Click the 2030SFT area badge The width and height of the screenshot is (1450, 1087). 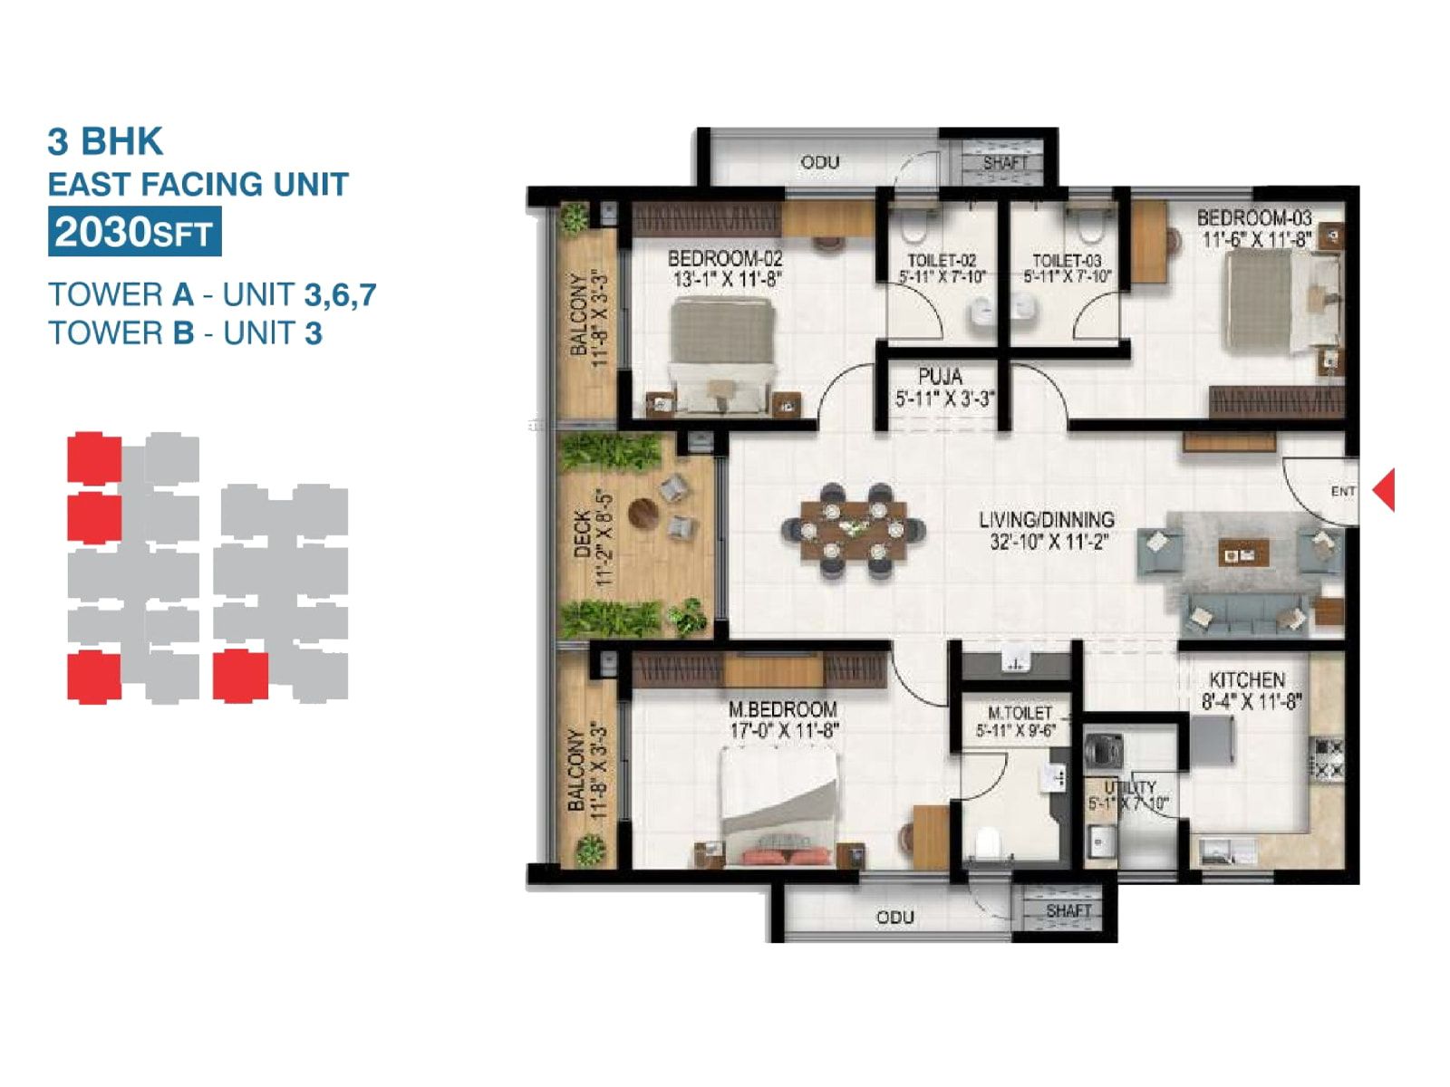click(x=134, y=233)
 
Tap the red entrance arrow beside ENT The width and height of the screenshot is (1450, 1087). click(x=1385, y=490)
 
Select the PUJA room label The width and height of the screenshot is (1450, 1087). click(x=940, y=376)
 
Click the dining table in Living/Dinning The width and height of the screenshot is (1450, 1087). click(x=854, y=530)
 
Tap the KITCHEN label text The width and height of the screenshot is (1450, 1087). click(x=1246, y=679)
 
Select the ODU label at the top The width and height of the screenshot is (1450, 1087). click(x=819, y=162)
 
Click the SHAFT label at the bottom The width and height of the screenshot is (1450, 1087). click(x=1068, y=910)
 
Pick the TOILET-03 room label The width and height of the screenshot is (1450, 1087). click(x=1067, y=260)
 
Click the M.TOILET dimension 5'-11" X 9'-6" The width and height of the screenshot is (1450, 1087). click(x=1016, y=731)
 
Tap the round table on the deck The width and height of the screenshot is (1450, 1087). click(x=644, y=513)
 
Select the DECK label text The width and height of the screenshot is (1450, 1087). click(x=582, y=534)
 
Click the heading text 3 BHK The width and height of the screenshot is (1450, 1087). click(x=105, y=142)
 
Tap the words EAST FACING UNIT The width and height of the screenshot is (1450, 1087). click(x=198, y=185)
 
